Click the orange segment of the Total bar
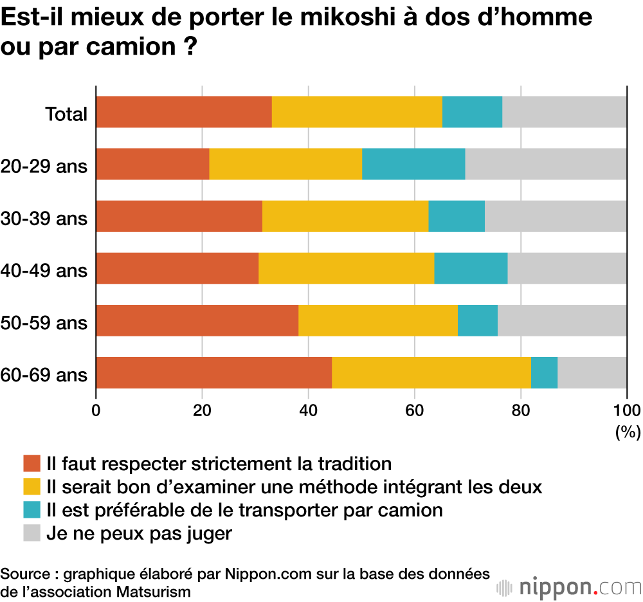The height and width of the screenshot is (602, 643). [x=184, y=112]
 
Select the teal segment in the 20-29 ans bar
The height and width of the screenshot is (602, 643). [x=413, y=164]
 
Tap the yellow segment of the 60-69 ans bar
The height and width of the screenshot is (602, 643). [x=431, y=372]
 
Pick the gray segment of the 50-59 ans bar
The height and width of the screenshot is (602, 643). [x=562, y=320]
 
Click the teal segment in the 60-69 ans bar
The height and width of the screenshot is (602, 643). [x=544, y=372]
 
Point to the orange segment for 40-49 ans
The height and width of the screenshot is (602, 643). [x=177, y=268]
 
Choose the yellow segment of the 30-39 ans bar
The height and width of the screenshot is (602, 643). [x=345, y=216]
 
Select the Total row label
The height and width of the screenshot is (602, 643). [x=66, y=114]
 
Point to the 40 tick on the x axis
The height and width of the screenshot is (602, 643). [x=309, y=410]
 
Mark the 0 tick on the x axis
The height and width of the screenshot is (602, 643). [x=96, y=410]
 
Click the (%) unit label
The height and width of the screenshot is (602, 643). [x=627, y=432]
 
